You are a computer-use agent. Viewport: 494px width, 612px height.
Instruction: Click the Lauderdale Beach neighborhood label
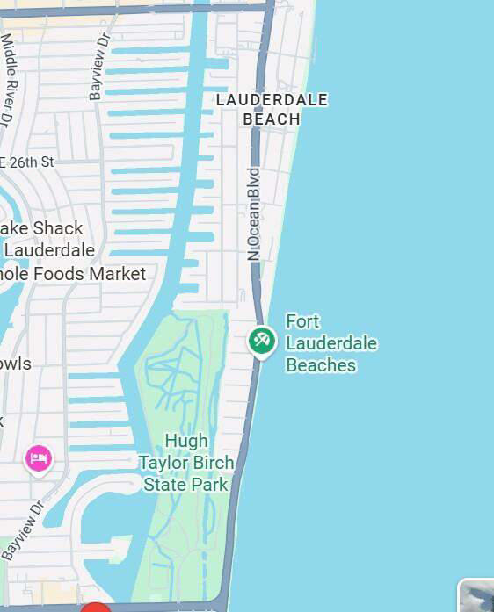pyautogui.click(x=272, y=109)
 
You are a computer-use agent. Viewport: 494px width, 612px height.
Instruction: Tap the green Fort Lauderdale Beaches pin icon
pyautogui.click(x=261, y=340)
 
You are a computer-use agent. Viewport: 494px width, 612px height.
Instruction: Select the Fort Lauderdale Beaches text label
pyautogui.click(x=331, y=343)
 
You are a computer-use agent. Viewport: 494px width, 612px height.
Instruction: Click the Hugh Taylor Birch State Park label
pyautogui.click(x=186, y=462)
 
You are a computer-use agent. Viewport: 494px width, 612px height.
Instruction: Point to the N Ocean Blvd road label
pyautogui.click(x=254, y=213)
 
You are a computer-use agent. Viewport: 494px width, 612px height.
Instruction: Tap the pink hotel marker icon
pyautogui.click(x=38, y=457)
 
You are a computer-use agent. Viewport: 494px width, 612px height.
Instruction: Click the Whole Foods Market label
pyautogui.click(x=74, y=274)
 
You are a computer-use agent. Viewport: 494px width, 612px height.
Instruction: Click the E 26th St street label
pyautogui.click(x=27, y=162)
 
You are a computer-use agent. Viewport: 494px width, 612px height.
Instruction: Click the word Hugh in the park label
pyautogui.click(x=186, y=440)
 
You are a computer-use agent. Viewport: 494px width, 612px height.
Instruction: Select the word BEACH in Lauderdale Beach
pyautogui.click(x=272, y=119)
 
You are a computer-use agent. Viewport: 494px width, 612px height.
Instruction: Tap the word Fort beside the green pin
pyautogui.click(x=303, y=321)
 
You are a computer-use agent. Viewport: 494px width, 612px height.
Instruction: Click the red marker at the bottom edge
pyautogui.click(x=96, y=608)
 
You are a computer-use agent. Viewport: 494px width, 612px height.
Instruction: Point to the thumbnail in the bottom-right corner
pyautogui.click(x=476, y=596)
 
